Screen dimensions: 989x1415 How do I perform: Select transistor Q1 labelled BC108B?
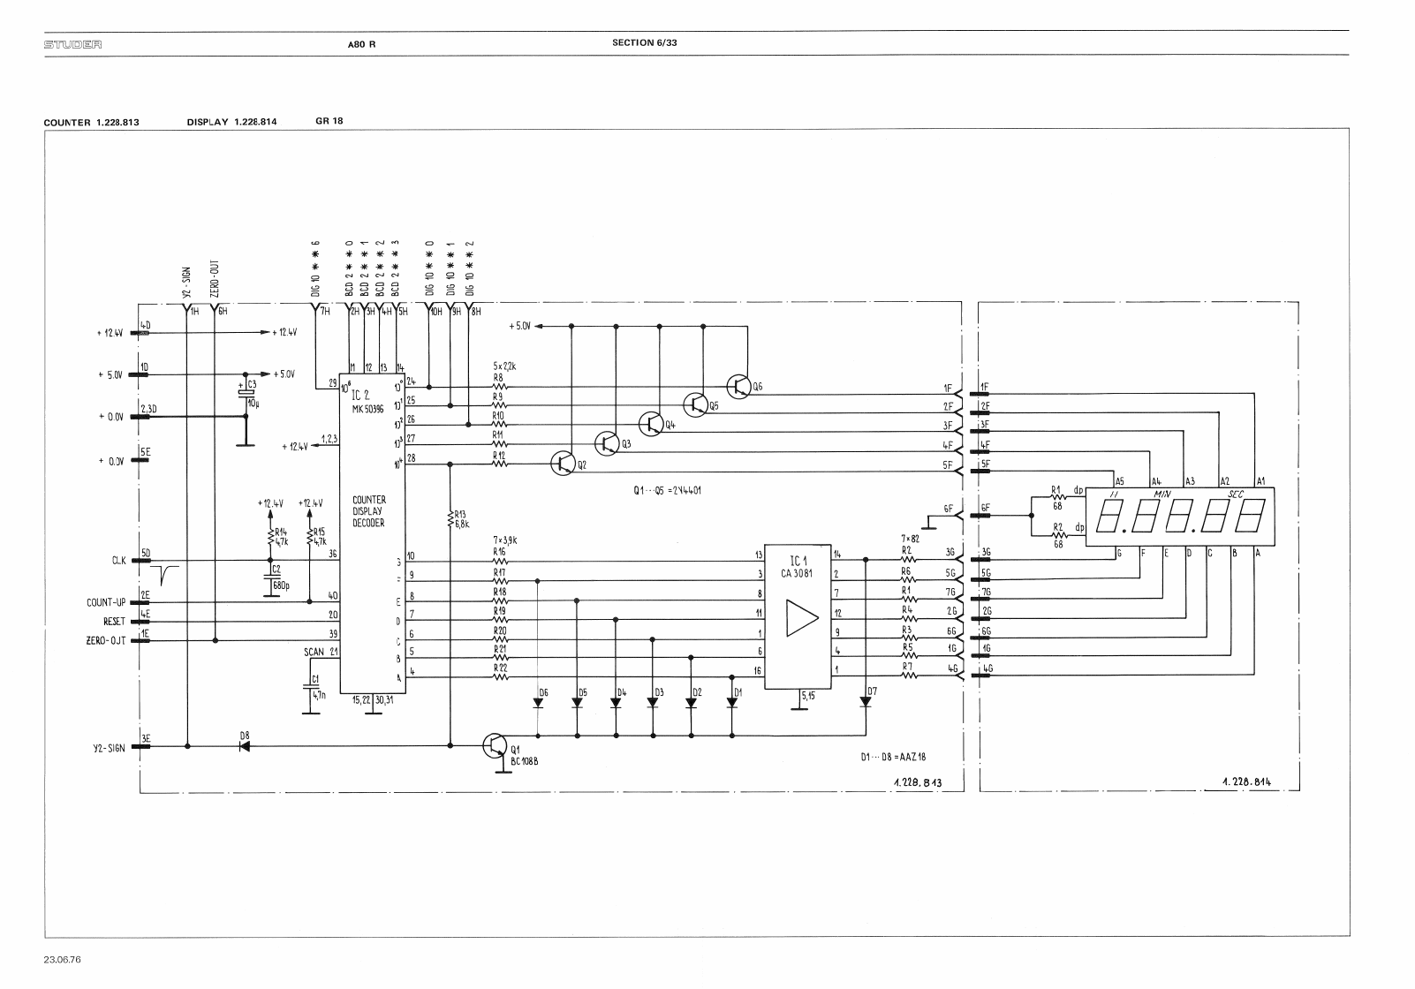495,746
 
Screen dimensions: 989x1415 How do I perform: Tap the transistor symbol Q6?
739,387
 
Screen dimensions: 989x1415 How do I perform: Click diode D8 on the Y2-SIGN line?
245,746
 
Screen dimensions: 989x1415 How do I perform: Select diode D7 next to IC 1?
865,702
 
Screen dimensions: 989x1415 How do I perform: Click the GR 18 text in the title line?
329,121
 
